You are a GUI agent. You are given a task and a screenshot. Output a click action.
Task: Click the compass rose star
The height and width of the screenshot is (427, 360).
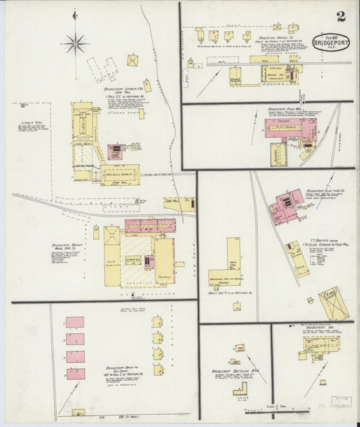(75, 44)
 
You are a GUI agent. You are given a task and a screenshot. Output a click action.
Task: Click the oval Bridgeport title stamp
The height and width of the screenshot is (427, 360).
(331, 42)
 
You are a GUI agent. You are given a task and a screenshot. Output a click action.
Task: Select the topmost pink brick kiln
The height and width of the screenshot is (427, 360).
(75, 322)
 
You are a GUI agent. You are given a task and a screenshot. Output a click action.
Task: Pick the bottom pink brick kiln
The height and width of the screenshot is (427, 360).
(75, 374)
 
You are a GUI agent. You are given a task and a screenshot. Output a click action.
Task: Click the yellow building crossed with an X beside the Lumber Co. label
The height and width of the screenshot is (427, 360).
(132, 60)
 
